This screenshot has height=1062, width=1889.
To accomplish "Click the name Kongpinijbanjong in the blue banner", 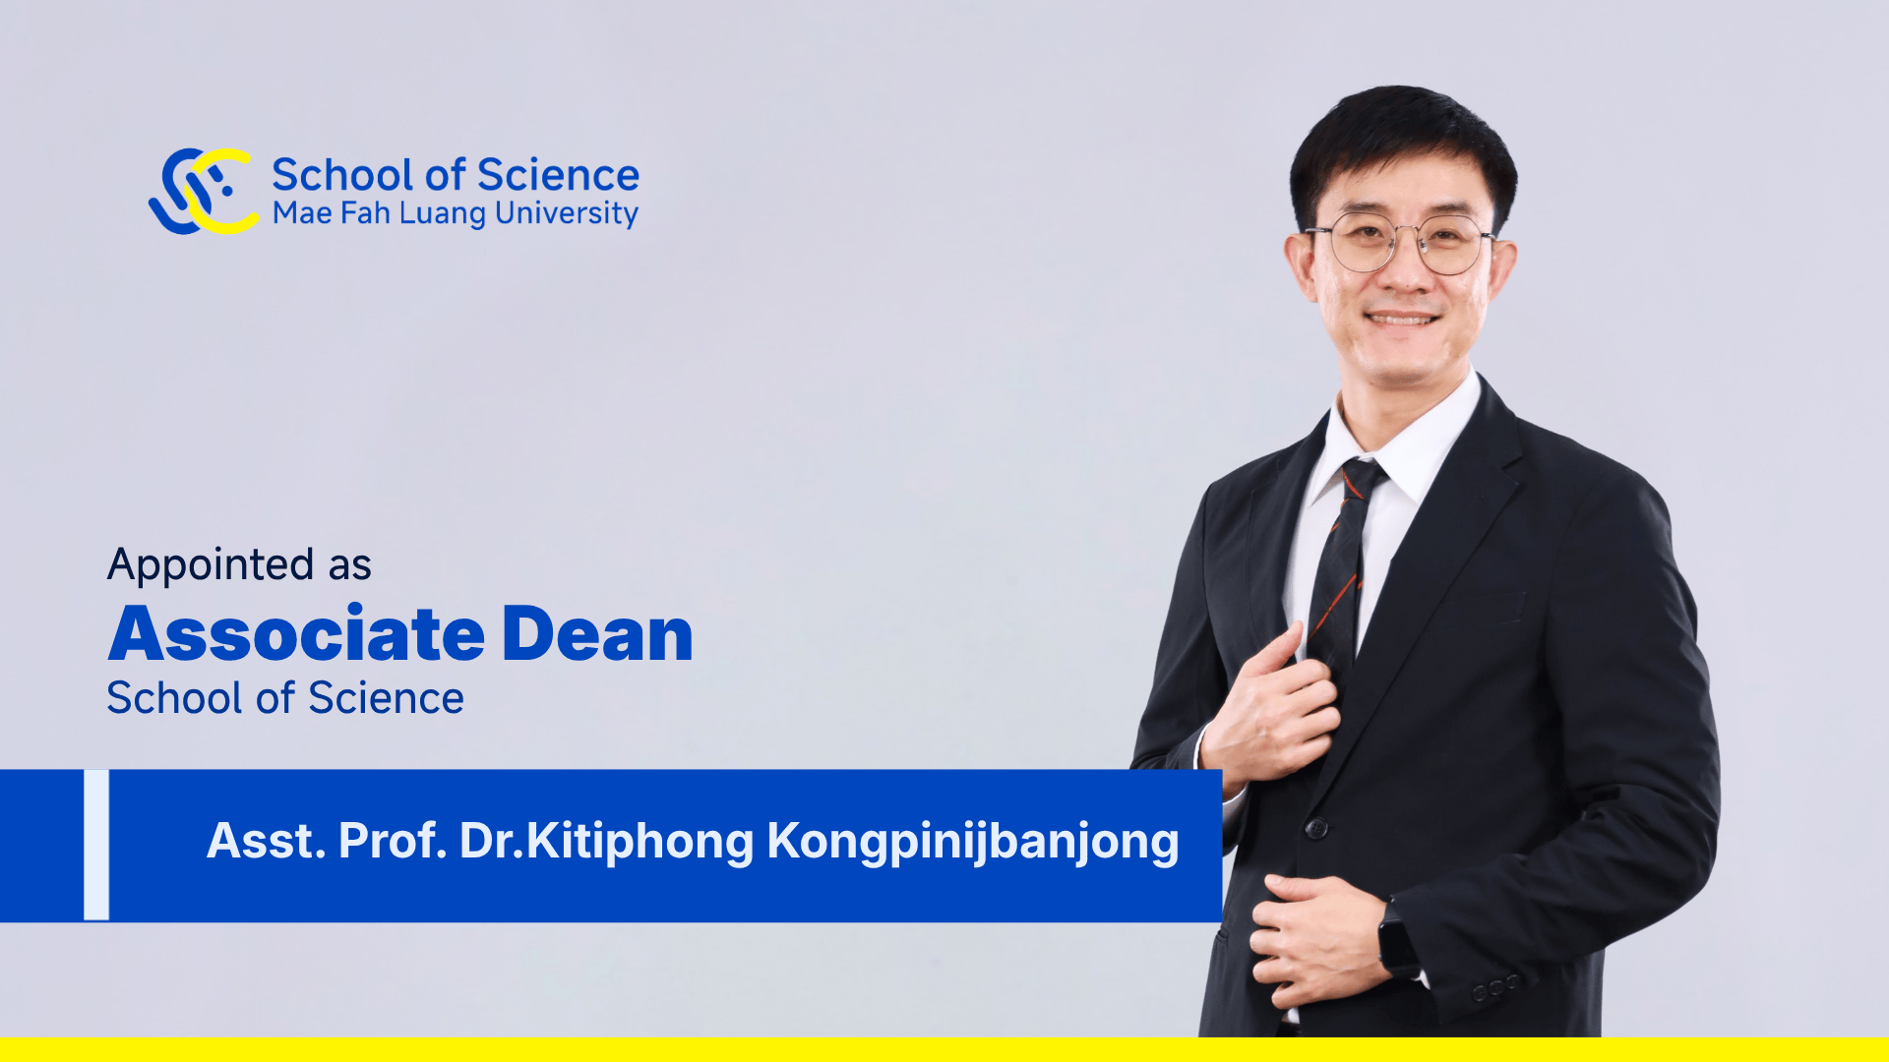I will [972, 842].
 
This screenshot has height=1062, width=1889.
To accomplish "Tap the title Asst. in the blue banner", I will [266, 842].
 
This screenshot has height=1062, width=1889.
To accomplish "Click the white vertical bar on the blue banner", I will [96, 845].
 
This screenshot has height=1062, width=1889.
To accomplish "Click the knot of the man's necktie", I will [1361, 480].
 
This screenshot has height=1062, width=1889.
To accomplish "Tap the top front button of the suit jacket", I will [1316, 828].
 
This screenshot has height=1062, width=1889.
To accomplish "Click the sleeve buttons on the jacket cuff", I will [1493, 986].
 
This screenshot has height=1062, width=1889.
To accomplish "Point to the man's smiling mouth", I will [1403, 319].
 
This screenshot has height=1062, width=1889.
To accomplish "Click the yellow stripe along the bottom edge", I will [944, 1049].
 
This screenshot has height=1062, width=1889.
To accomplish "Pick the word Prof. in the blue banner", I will [393, 842].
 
